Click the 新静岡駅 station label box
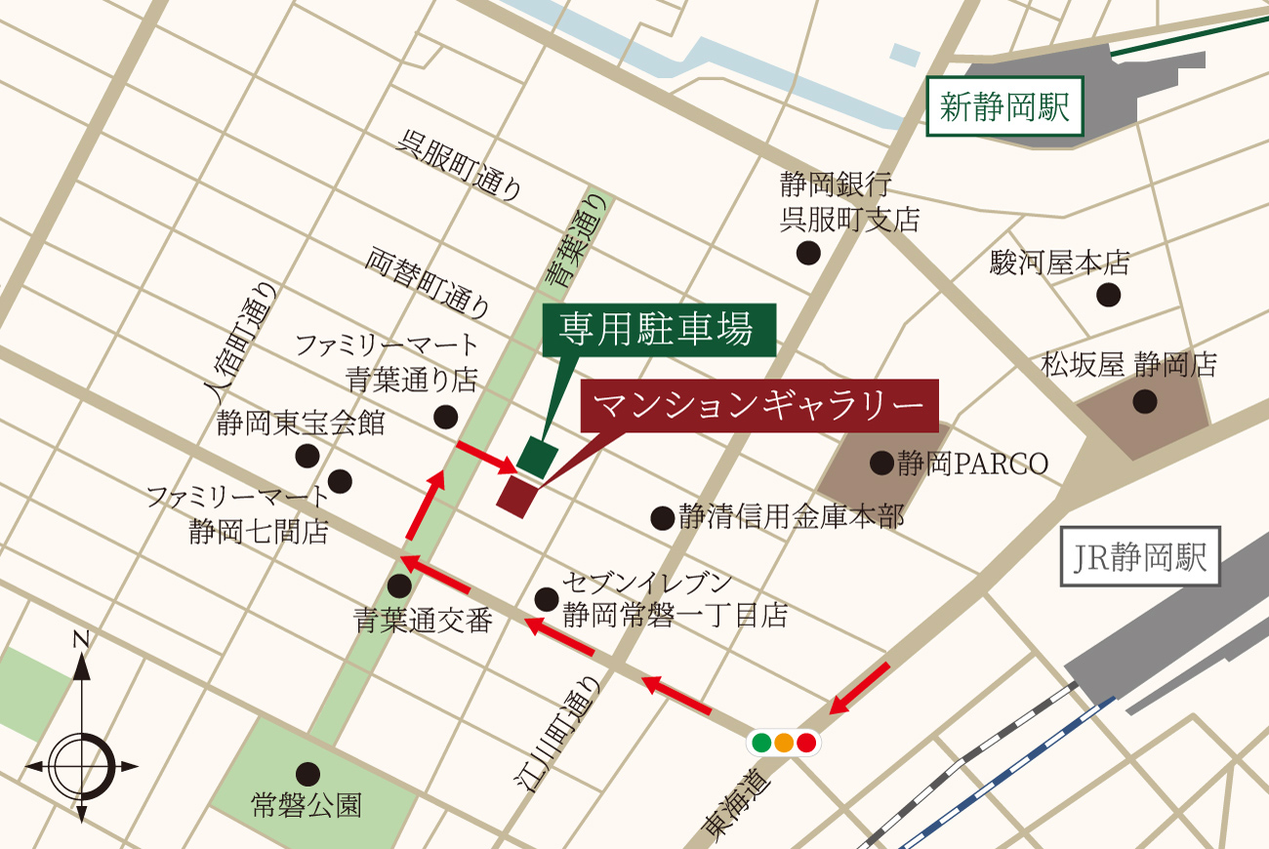[x=1004, y=105]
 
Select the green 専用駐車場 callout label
[x=657, y=330]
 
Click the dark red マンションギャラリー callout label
[x=758, y=404]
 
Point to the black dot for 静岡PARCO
[x=881, y=463]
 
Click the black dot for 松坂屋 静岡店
[x=1144, y=400]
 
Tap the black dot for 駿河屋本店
[x=1108, y=295]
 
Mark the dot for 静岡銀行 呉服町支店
[x=808, y=253]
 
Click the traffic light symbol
[x=784, y=743]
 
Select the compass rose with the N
[x=82, y=761]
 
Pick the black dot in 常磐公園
[x=308, y=773]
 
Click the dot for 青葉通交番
[x=399, y=586]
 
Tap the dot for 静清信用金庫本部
[x=663, y=517]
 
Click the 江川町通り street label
[x=557, y=732]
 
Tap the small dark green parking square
[x=538, y=456]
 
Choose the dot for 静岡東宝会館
[x=307, y=455]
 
